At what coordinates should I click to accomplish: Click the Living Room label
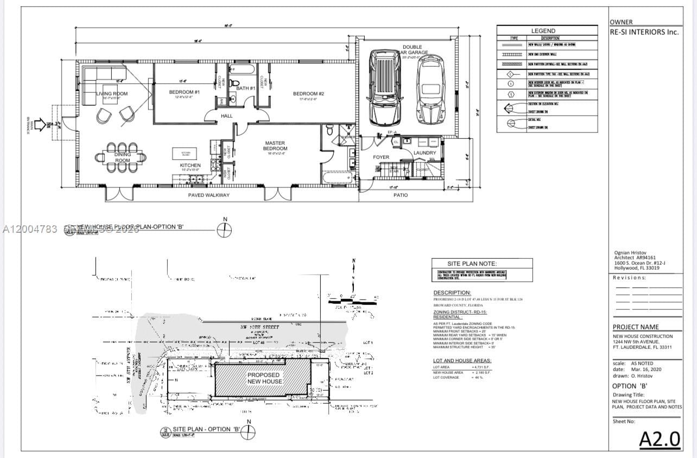pyautogui.click(x=112, y=94)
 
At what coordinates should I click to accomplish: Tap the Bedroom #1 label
pyautogui.click(x=185, y=92)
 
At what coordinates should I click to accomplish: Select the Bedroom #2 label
pyautogui.click(x=308, y=93)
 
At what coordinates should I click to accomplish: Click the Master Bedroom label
pyautogui.click(x=275, y=145)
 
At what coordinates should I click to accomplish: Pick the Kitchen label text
pyautogui.click(x=190, y=165)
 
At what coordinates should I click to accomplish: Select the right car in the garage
pyautogui.click(x=430, y=91)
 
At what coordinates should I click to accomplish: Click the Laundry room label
pyautogui.click(x=424, y=153)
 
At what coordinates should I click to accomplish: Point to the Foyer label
pyautogui.click(x=381, y=157)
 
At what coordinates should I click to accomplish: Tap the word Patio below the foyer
pyautogui.click(x=401, y=195)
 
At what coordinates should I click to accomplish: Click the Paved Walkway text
pyautogui.click(x=208, y=195)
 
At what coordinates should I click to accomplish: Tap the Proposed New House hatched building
pyautogui.click(x=264, y=378)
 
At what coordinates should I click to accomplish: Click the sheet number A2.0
pyautogui.click(x=660, y=439)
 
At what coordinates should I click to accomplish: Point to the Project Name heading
pyautogui.click(x=636, y=327)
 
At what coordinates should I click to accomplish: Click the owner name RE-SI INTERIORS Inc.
pyautogui.click(x=644, y=32)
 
